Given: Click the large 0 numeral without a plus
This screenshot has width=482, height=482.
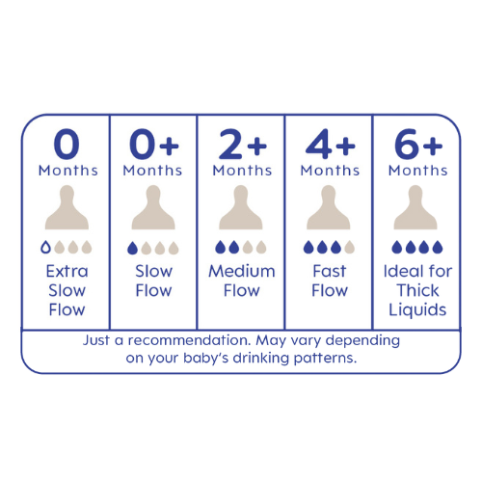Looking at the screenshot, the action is point(67,144).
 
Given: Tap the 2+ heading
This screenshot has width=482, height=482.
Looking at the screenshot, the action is point(243,145).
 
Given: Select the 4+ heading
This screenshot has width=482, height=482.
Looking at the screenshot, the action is point(330,144).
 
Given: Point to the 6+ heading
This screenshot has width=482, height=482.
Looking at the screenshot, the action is point(418,144).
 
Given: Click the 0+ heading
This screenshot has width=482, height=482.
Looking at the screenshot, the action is point(154,144).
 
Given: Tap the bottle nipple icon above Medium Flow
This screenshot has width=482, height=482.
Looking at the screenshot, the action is point(241,207).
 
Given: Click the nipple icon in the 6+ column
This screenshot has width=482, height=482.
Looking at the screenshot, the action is point(415,207).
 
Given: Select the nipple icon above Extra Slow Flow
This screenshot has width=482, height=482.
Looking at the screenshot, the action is point(67,207).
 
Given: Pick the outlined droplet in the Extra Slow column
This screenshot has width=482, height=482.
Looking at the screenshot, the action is point(45,247).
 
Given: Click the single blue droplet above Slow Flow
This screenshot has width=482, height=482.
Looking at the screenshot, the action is point(132,248).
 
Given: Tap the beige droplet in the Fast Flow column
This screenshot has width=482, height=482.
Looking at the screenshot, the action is point(349,247).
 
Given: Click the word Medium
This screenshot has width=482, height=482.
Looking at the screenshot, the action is point(242,271).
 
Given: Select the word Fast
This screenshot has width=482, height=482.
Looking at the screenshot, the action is point(330,271).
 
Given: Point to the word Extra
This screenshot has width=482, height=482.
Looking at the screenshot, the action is point(67,271).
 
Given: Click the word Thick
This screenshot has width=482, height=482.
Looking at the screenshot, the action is point(417,290).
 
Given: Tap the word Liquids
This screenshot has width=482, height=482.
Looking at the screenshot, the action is point(417,310).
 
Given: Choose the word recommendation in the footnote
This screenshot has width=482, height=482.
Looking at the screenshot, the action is point(189,340).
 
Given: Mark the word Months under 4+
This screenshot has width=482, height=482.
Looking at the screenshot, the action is point(330,171).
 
